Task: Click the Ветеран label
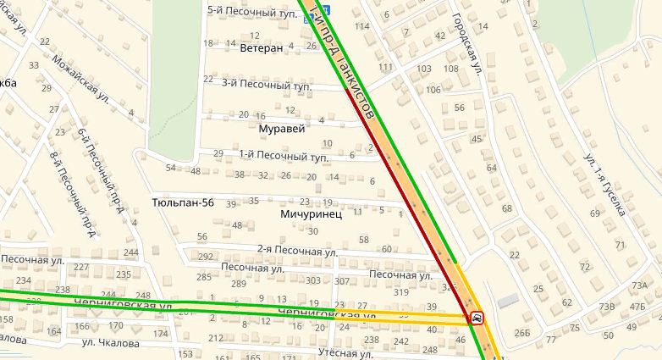pos(261,48)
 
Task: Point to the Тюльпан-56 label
pos(182,203)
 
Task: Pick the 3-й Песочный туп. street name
pos(266,85)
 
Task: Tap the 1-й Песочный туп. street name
pos(283,156)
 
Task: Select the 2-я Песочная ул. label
pos(297,252)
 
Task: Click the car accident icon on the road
pos(477,318)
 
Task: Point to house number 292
pos(205,257)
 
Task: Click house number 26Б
pos(521,331)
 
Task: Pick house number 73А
pos(638,286)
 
